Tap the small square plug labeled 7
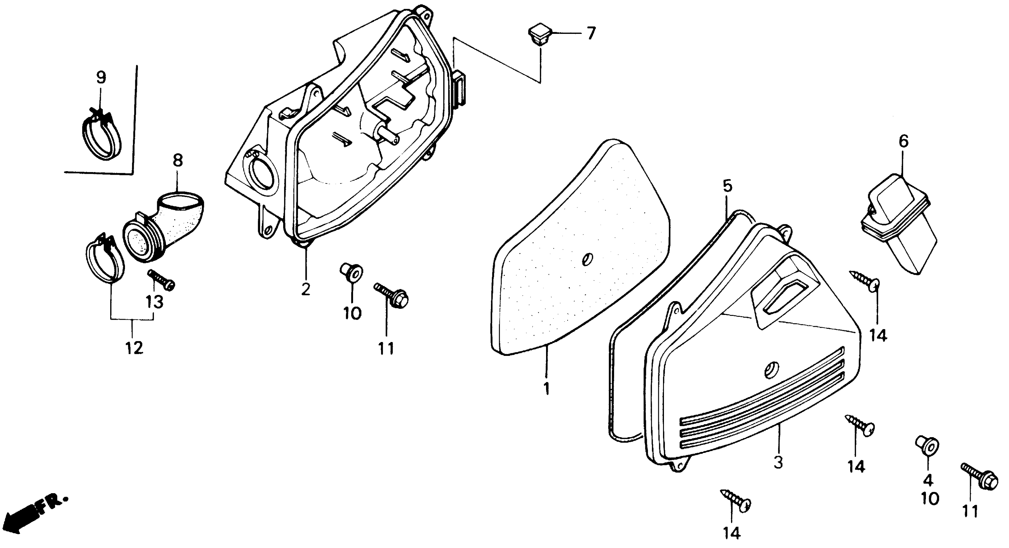click(539, 35)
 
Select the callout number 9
click(101, 77)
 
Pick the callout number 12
click(134, 348)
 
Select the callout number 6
click(903, 141)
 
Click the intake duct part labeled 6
click(897, 227)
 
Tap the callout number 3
click(778, 463)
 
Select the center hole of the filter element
click(588, 259)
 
